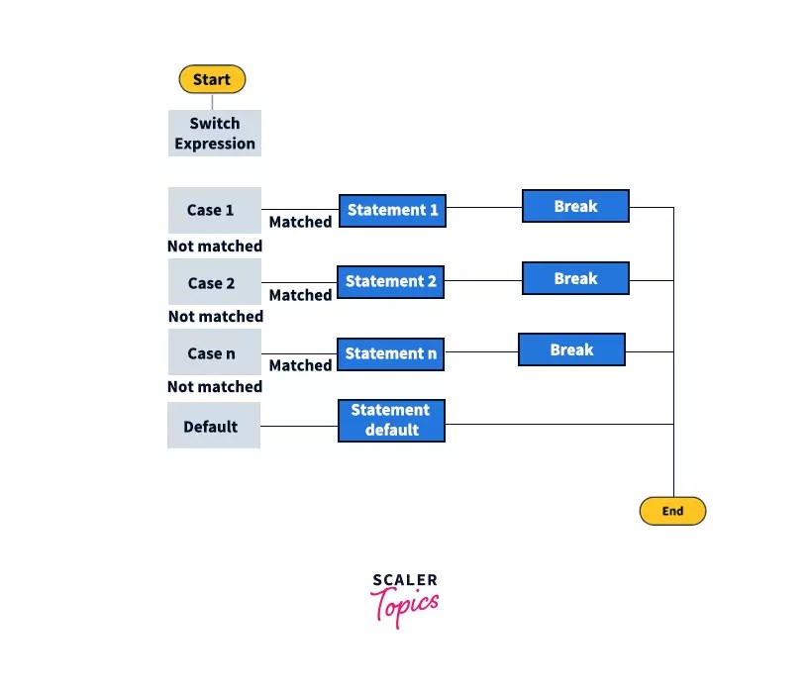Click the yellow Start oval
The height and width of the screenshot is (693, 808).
212,79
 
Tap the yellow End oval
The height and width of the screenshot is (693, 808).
672,511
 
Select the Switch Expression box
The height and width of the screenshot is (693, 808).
215,134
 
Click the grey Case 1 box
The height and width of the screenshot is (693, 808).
214,210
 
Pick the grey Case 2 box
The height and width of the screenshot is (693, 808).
214,282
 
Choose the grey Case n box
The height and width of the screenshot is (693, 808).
214,353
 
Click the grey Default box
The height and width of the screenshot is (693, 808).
213,426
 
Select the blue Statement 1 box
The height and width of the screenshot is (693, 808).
391,210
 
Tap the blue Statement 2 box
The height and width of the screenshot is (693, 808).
390,281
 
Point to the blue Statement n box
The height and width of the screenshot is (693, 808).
390,353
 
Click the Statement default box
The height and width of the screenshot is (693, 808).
390,420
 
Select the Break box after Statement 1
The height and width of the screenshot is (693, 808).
575,206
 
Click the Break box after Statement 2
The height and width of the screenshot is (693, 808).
575,278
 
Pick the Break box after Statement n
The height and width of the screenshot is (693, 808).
571,349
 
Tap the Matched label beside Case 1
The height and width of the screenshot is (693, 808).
300,223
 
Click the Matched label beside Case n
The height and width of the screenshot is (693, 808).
300,365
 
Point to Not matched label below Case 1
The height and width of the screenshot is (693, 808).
215,246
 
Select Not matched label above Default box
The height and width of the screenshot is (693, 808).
215,387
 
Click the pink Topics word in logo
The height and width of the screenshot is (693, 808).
405,604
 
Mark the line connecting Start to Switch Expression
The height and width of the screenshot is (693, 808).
212,101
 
